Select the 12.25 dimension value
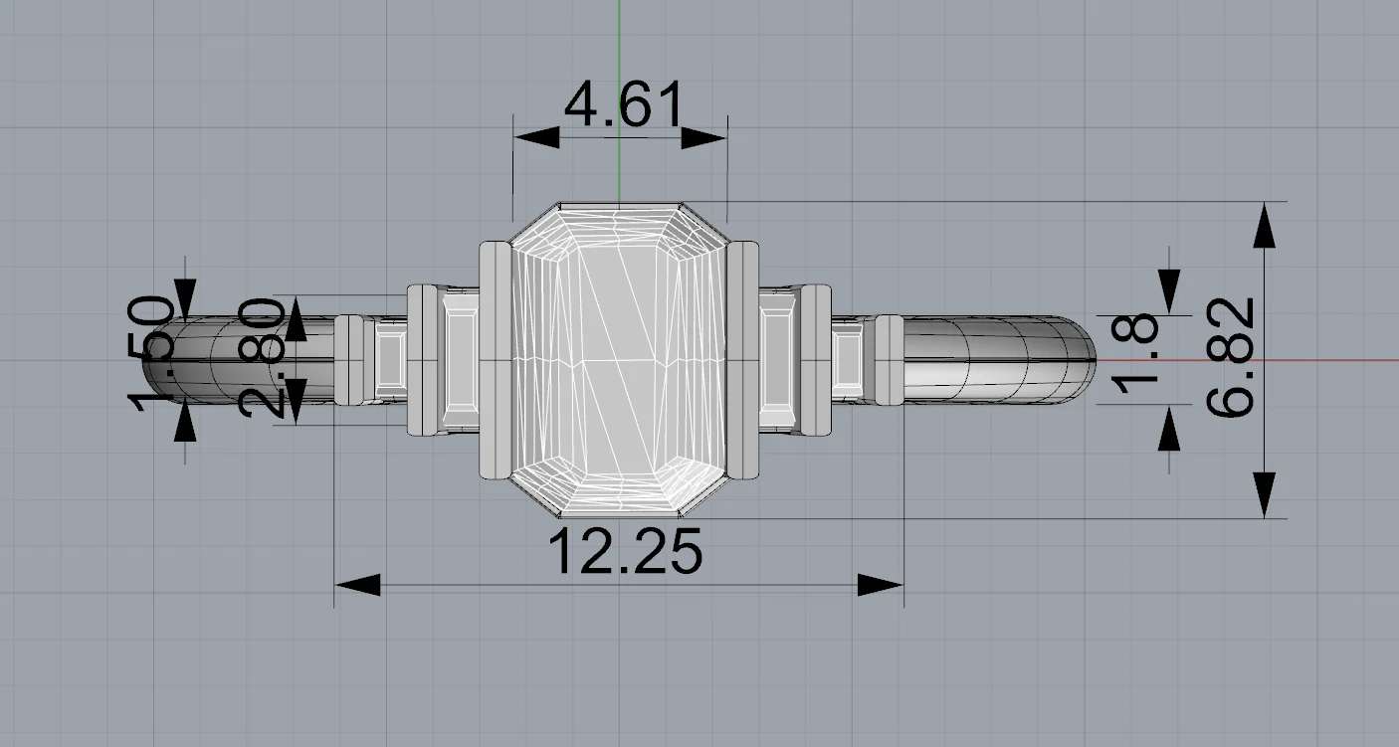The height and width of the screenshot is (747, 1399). point(625,552)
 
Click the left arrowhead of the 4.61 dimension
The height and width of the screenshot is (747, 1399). point(536,137)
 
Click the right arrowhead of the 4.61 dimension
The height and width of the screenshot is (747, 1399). point(703,137)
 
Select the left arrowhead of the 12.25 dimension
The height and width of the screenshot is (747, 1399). point(357,585)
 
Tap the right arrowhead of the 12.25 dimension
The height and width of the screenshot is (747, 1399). point(881,585)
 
